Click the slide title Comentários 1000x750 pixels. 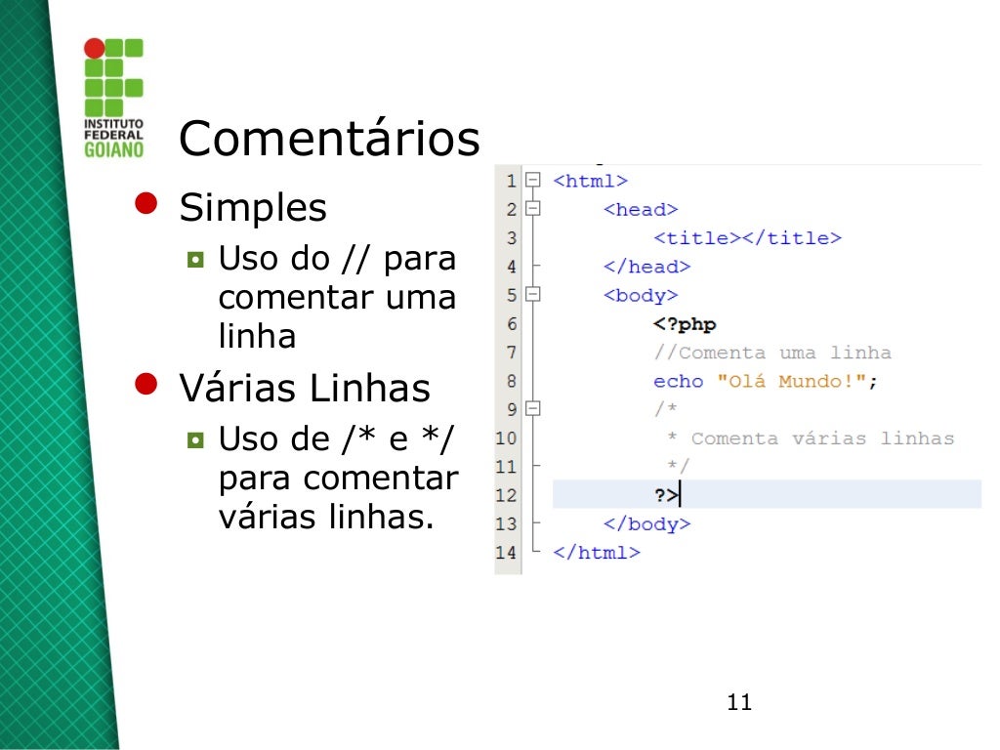pos(329,140)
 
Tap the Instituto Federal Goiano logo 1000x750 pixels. pos(113,97)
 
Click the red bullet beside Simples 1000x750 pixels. pos(146,202)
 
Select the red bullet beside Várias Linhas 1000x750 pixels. pos(146,383)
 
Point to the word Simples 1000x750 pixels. pos(253,208)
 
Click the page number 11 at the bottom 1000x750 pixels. pos(739,702)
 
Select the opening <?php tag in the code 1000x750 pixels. pos(685,324)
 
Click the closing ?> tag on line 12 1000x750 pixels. pos(666,495)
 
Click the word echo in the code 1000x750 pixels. pos(679,381)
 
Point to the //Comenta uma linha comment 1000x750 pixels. pos(771,353)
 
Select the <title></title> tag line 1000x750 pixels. pos(747,238)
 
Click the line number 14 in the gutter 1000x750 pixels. pos(506,552)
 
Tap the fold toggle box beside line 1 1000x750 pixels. pos(532,181)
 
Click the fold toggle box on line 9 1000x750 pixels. pos(532,409)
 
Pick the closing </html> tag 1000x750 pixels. pos(596,552)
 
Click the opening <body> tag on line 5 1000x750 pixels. pos(641,295)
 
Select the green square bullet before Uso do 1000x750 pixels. pos(195,261)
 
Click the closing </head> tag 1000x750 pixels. pos(646,267)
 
